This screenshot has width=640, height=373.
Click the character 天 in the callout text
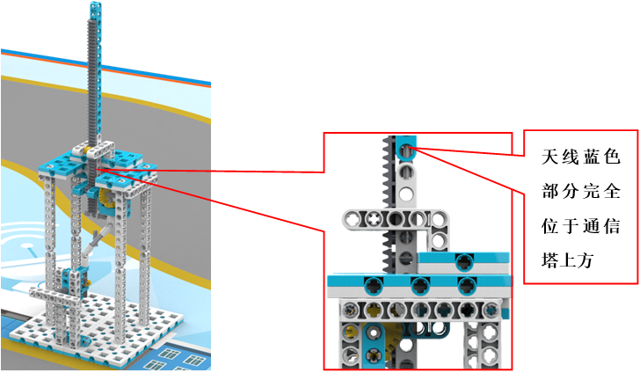549,159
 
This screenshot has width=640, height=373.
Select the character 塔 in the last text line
549,261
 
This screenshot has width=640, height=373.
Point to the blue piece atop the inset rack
405,149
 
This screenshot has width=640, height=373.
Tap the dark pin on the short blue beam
463,260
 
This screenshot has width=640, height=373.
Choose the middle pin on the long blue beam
416,284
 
